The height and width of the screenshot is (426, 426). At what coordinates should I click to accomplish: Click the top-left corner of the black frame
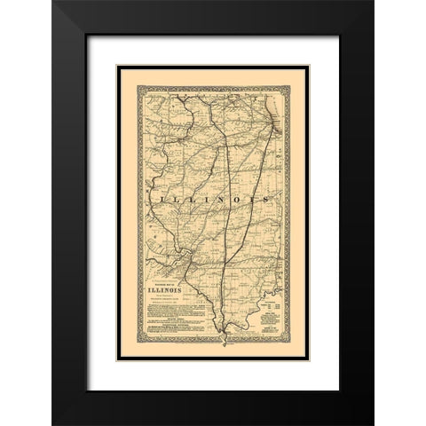(x=53, y=2)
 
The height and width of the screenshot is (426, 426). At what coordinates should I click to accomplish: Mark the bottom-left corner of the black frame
(x=53, y=424)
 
